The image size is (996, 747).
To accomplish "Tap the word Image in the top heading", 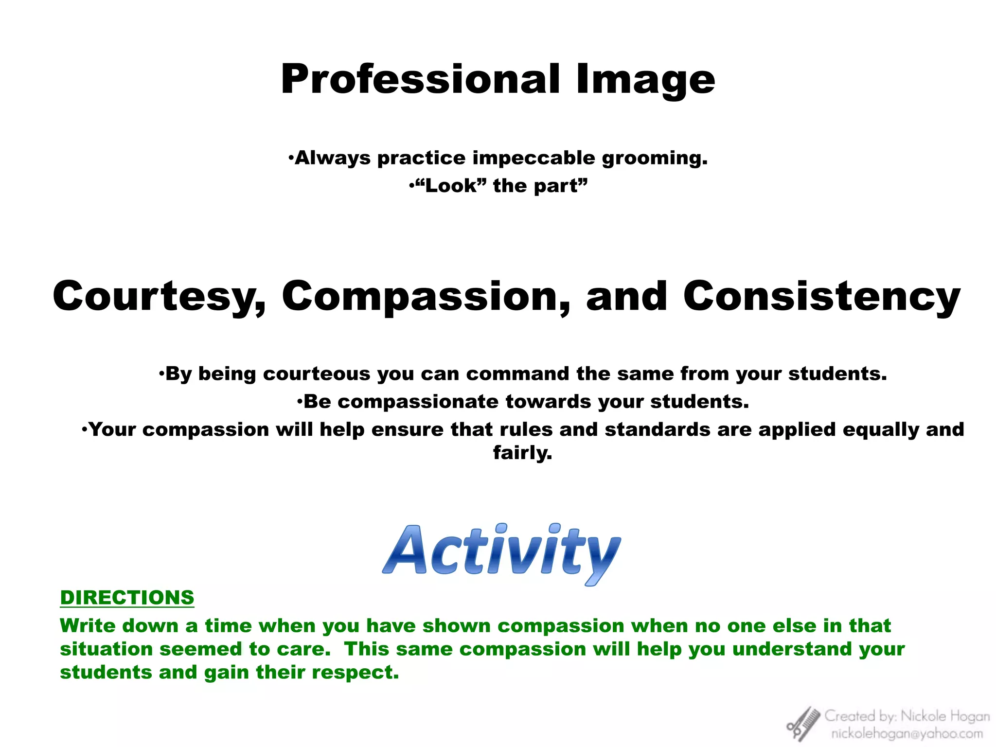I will pyautogui.click(x=645, y=80).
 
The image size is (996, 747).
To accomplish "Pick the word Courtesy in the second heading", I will pyautogui.click(x=160, y=297).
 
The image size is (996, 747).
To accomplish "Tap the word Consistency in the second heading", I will pyautogui.click(x=821, y=297).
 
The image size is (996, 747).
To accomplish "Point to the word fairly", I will pyautogui.click(x=522, y=453).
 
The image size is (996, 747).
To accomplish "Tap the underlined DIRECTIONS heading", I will pyautogui.click(x=127, y=597).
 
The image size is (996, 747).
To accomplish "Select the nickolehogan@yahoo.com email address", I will pyautogui.click(x=907, y=733).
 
